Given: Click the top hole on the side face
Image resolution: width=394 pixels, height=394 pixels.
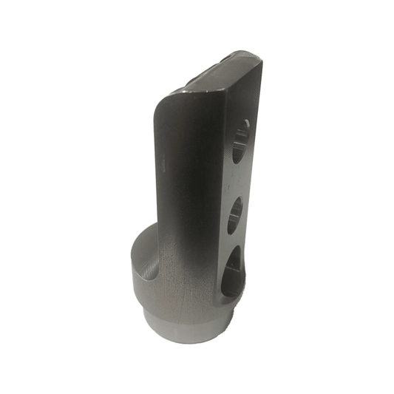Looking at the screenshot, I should tap(241, 141).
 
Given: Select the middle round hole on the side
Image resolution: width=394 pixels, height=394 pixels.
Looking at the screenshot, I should tap(236, 214).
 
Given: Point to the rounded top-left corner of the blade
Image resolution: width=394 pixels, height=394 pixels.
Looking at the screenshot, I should tap(164, 103).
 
